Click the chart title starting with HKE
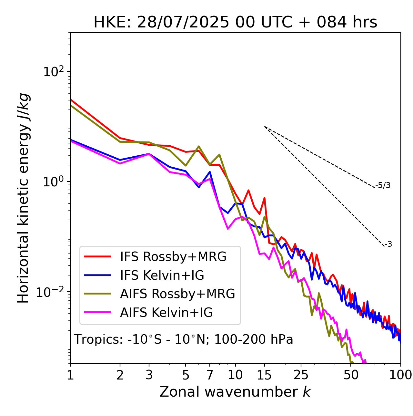click(x=235, y=23)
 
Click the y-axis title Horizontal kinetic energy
click(x=24, y=198)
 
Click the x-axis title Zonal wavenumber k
click(x=235, y=392)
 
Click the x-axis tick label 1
click(x=70, y=375)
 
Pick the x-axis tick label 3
click(x=149, y=375)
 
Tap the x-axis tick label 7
click(x=210, y=375)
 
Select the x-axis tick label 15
click(x=264, y=375)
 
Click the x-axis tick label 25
click(x=301, y=375)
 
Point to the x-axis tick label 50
click(x=351, y=375)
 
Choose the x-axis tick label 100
click(x=400, y=375)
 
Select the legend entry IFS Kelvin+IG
click(x=162, y=275)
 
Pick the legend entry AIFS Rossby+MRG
click(x=177, y=294)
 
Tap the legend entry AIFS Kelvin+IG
click(x=166, y=312)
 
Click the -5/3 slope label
click(x=383, y=185)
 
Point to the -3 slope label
click(x=388, y=244)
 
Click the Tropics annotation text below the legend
click(x=184, y=339)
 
